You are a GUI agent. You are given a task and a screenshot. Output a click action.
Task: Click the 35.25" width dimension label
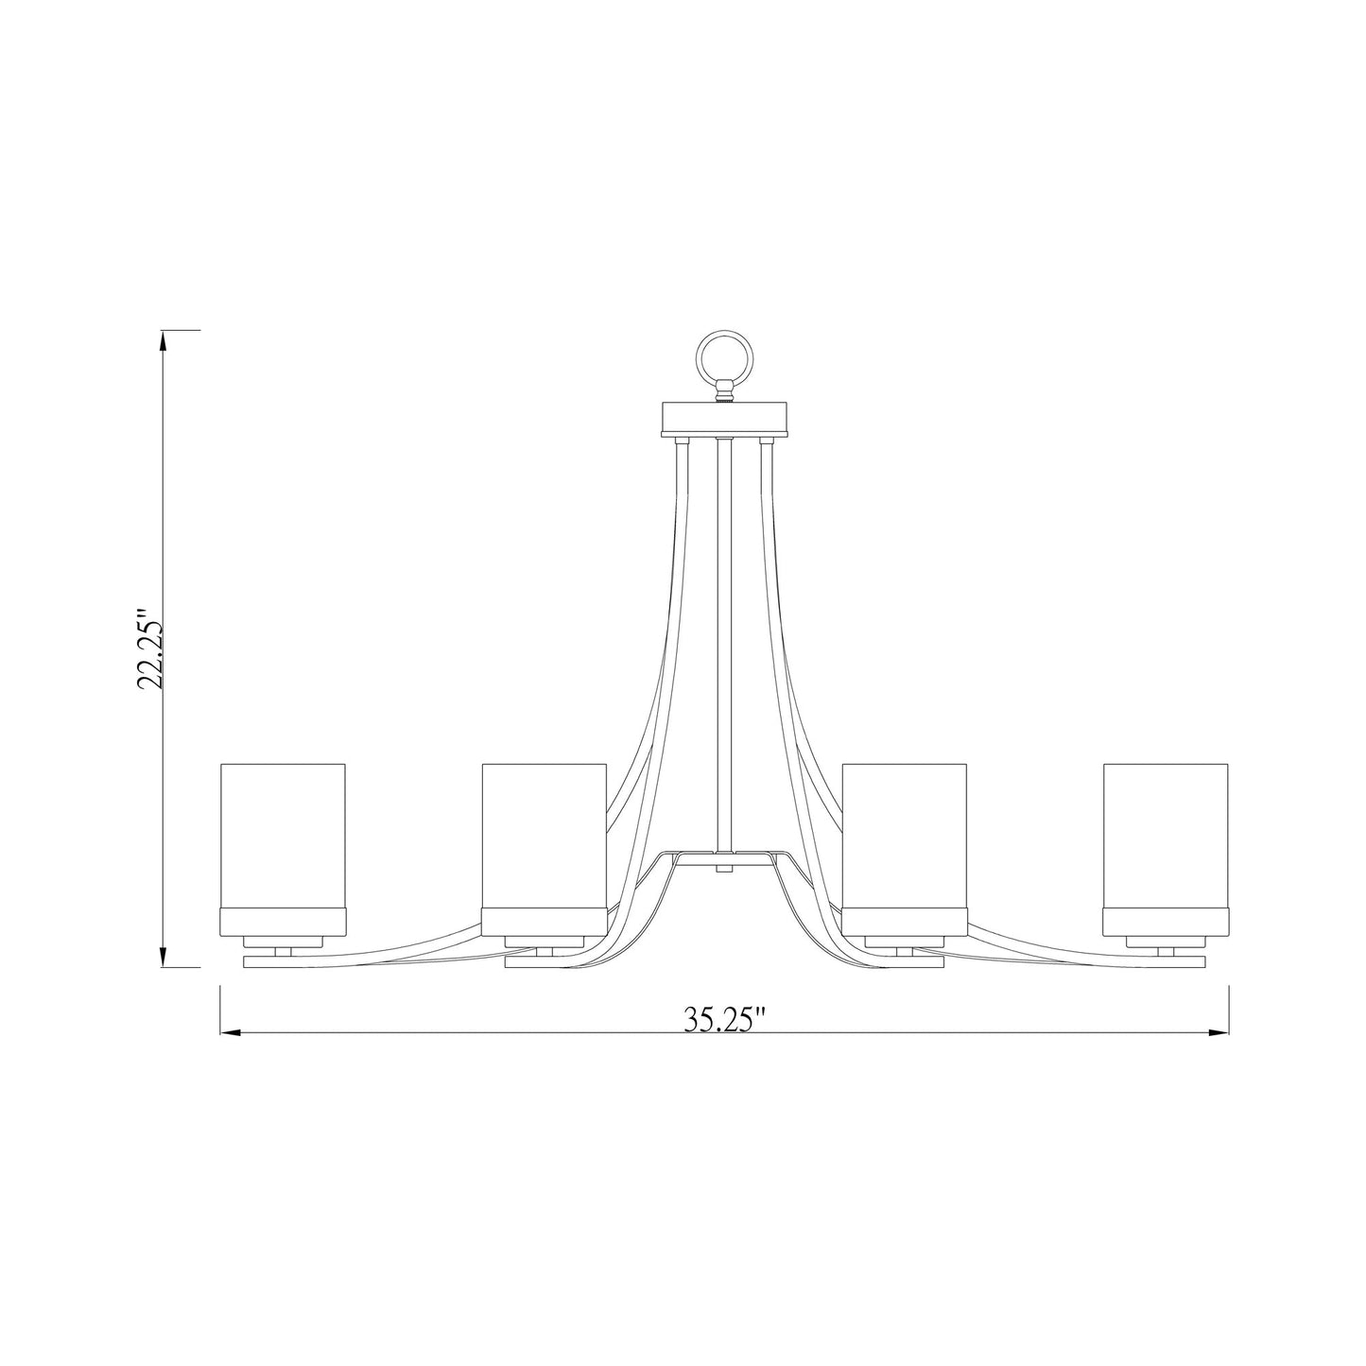[x=723, y=1019]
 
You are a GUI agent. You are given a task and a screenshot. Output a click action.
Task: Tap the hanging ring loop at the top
[x=724, y=355]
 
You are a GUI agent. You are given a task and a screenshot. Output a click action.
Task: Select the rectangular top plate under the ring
[x=724, y=416]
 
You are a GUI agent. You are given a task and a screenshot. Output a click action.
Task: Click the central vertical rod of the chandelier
[x=724, y=643]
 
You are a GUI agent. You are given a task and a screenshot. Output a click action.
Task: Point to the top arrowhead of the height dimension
[x=164, y=340]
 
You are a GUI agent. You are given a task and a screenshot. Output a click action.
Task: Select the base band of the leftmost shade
[x=283, y=920]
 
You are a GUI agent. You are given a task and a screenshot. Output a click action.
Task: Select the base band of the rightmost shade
[x=1166, y=920]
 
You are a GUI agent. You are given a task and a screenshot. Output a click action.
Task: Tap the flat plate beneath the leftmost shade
[x=283, y=962]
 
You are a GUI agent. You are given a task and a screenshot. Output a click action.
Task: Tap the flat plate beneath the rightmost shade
[x=1166, y=962]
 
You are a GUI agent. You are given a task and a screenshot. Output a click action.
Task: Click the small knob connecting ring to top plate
[x=724, y=389]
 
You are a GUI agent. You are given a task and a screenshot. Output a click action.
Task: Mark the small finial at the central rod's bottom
[x=724, y=866]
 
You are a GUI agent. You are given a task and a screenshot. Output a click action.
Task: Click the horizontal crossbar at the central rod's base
[x=724, y=855]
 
